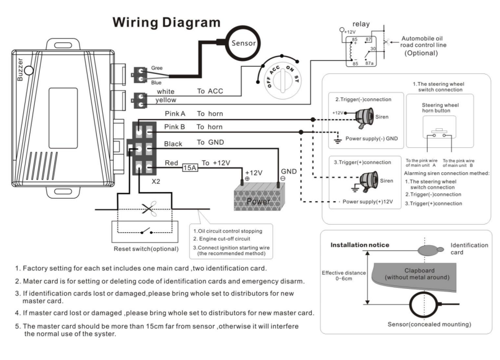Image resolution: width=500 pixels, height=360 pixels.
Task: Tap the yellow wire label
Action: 165,101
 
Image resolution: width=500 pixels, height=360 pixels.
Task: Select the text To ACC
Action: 211,91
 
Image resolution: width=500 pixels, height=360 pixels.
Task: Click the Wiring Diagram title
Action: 166,22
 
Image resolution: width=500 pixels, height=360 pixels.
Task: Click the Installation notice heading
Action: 360,245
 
